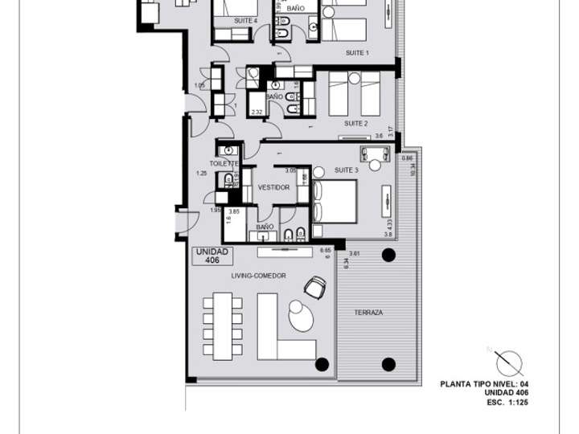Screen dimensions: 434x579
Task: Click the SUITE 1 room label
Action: tap(356, 53)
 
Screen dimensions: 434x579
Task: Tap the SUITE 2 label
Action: tap(355, 123)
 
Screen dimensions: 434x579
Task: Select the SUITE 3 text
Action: tap(346, 170)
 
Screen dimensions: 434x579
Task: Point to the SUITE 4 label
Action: tap(245, 20)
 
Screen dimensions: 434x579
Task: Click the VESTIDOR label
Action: tap(273, 187)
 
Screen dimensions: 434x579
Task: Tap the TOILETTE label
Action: tap(225, 162)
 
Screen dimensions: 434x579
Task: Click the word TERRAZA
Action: tap(368, 312)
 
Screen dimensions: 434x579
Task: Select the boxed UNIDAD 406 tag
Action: tap(212, 256)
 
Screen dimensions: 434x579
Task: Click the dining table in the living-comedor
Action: tap(222, 325)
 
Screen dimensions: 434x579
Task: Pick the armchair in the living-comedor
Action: tap(316, 286)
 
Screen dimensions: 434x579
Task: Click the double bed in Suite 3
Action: tap(334, 201)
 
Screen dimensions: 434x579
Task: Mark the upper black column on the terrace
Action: tap(388, 256)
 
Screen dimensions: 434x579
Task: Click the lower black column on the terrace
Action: tap(388, 364)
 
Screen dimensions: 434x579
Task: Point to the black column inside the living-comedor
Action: tap(322, 364)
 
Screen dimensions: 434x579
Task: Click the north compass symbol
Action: tap(508, 364)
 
